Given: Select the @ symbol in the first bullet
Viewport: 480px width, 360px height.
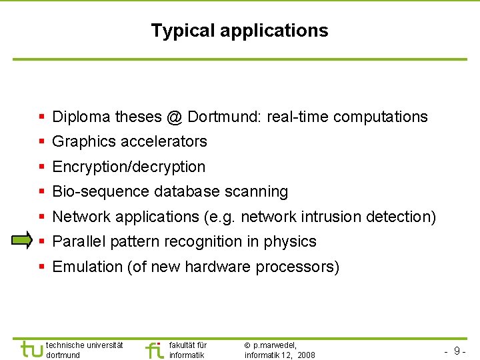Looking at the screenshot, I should point(175,117).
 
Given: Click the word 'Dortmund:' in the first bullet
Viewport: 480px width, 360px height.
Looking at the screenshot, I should point(225,117).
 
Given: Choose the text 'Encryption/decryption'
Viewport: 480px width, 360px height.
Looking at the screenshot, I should point(129,167).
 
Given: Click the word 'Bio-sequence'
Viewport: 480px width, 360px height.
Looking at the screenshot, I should point(101,192).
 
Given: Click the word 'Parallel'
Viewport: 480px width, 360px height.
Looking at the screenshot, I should point(79,241).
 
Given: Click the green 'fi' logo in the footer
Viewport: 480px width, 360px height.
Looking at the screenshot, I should point(154,349).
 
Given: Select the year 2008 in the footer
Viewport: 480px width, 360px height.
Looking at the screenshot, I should point(306,355).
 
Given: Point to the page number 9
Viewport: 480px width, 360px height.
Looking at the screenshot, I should point(457,351).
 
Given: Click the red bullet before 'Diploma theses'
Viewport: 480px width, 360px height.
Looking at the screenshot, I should point(41,117).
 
